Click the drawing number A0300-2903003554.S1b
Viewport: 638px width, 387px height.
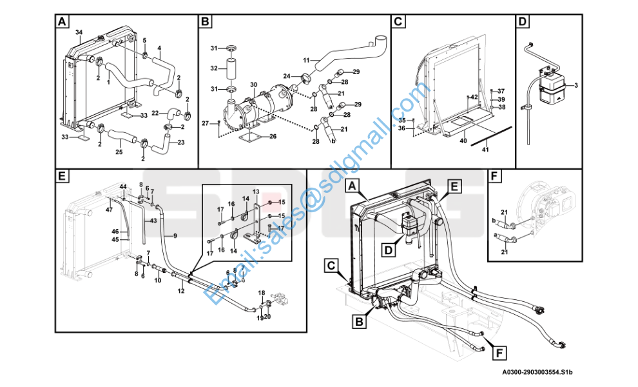[x=538, y=373]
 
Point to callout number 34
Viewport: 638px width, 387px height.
[x=79, y=32]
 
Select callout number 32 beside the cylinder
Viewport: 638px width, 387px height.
[x=215, y=68]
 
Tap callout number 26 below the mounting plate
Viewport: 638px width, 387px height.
[x=273, y=136]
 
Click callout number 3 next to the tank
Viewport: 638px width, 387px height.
[x=575, y=85]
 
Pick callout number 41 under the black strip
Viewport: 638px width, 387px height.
[x=486, y=150]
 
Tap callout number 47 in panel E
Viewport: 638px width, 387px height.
[x=109, y=209]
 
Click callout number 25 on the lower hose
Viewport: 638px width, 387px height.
[x=119, y=152]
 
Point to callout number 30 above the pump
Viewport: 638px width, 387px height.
[x=254, y=85]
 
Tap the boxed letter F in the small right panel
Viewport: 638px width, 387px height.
[x=494, y=175]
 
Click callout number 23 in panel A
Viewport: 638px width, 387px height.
[x=181, y=143]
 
